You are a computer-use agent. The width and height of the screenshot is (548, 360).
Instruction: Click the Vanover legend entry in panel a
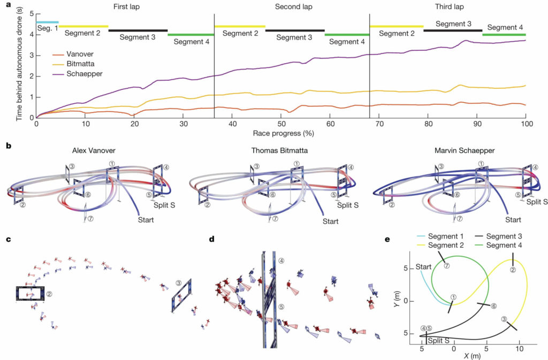73,54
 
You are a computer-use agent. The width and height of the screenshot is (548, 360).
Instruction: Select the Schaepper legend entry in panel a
77,74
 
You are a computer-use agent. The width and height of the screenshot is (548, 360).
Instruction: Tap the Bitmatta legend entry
73,64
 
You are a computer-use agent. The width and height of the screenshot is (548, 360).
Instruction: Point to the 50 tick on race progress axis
281,124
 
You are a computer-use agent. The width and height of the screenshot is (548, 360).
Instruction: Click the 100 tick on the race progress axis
527,124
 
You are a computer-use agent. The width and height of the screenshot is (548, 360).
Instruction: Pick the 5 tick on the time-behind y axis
32,14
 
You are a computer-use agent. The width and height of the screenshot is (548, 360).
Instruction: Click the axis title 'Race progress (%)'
284,133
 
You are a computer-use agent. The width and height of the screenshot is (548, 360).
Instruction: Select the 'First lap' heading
126,6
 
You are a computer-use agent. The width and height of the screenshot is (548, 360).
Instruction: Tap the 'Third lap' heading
450,6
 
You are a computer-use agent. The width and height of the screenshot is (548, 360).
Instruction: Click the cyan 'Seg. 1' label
48,28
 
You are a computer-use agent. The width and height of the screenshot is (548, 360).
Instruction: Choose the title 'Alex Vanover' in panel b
94,150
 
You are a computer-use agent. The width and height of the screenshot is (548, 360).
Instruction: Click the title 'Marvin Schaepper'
465,150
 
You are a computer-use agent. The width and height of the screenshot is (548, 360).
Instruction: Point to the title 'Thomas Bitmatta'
279,150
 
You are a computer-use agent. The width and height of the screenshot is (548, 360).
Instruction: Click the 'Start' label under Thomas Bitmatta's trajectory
330,221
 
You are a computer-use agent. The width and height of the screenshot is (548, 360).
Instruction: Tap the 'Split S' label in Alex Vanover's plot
164,205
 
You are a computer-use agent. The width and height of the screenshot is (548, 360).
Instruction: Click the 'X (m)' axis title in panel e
472,356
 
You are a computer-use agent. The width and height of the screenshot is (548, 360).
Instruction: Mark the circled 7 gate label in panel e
446,266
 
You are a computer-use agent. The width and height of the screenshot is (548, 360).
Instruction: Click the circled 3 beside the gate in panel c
179,283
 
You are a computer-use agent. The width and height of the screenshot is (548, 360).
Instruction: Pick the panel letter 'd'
211,240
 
